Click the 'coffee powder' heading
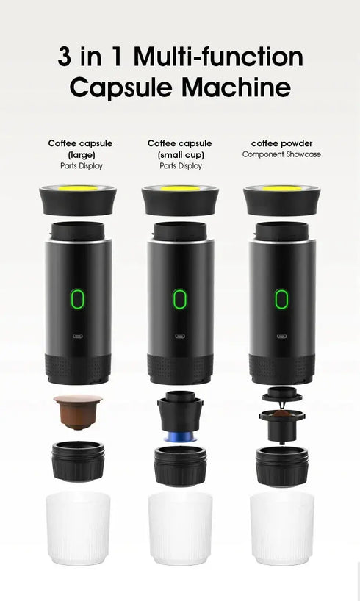[281, 143]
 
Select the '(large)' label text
[80, 155]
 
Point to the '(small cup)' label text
[180, 155]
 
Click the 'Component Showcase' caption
[281, 155]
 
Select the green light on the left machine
[78, 298]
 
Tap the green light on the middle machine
[179, 298]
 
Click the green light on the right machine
[281, 298]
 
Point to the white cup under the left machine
[78, 528]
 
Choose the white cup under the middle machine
[179, 528]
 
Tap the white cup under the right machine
[281, 528]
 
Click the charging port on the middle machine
[179, 336]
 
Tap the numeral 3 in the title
[65, 57]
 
